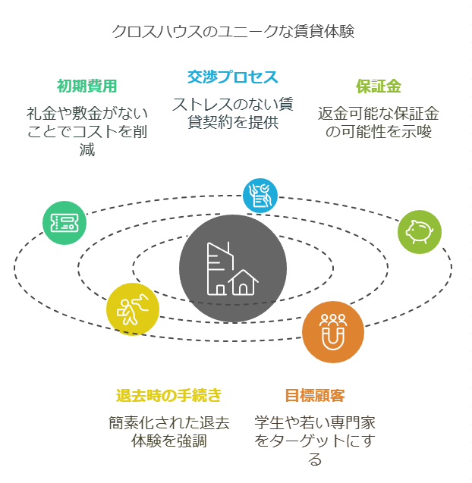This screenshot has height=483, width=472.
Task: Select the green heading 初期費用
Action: [87, 86]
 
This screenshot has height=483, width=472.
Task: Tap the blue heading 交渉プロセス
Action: [233, 77]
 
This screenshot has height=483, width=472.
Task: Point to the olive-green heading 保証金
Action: [379, 86]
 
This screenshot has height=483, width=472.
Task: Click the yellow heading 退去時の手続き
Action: [168, 395]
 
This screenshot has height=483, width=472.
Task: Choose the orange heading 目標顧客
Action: [315, 395]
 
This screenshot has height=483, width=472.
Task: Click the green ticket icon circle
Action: [65, 223]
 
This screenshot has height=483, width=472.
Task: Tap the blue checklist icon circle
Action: [260, 195]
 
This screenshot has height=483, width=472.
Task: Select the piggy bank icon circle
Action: [419, 231]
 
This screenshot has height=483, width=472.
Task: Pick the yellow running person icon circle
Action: [133, 309]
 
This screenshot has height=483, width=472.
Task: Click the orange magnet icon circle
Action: [332, 332]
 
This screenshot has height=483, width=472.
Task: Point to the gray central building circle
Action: [233, 269]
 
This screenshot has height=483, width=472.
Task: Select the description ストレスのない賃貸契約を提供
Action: [233, 112]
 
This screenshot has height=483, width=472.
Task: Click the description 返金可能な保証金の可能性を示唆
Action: [379, 122]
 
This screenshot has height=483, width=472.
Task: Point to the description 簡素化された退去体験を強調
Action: [168, 431]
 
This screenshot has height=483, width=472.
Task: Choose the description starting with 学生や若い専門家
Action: [315, 441]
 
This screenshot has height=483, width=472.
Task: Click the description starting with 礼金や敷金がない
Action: [87, 131]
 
